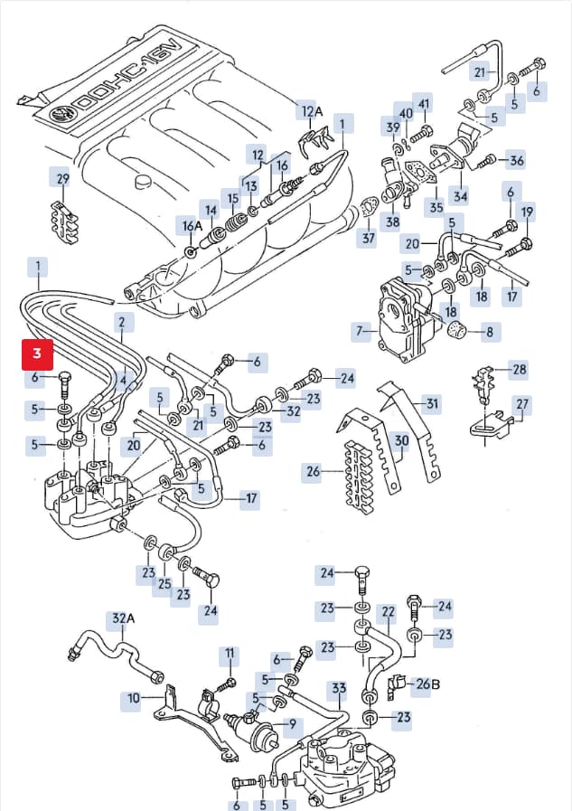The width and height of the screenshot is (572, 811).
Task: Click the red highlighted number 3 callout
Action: (37, 354)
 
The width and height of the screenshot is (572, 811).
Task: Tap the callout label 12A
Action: (312, 111)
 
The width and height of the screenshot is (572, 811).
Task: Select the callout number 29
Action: (62, 179)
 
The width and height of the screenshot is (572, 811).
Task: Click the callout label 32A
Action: (123, 618)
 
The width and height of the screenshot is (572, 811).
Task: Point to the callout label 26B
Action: (428, 684)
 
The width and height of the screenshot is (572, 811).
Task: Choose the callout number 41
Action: (424, 104)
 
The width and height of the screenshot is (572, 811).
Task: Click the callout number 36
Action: (517, 160)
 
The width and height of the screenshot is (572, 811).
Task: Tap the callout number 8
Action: (490, 332)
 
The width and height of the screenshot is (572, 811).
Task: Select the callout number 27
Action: (522, 404)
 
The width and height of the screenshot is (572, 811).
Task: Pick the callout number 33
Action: (339, 688)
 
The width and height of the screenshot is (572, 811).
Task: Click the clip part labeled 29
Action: (65, 222)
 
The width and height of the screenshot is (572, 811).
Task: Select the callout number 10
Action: (134, 699)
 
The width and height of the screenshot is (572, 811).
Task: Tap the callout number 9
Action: (293, 724)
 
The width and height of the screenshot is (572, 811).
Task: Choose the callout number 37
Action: (368, 239)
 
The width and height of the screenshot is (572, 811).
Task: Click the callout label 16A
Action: (192, 226)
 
